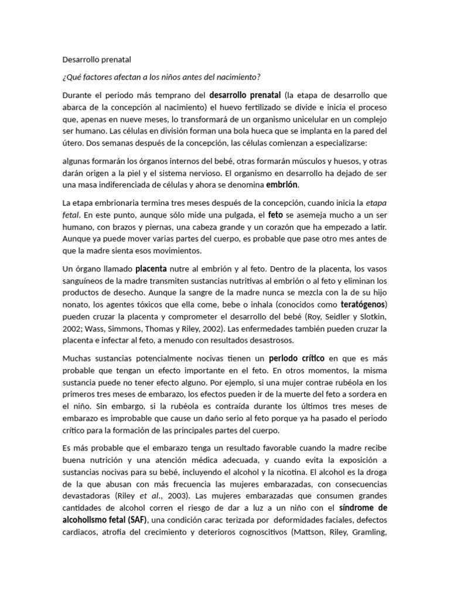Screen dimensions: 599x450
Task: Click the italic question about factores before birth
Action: (x=161, y=77)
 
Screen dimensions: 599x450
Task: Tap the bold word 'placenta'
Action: (x=151, y=270)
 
